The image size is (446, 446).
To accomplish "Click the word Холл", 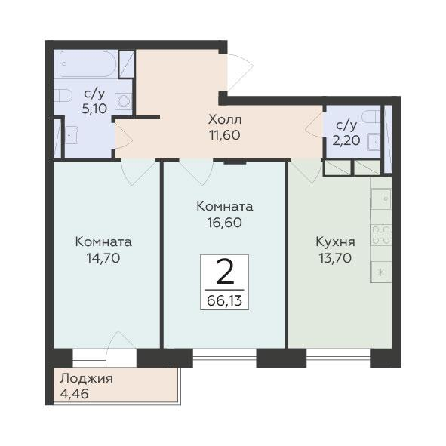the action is coord(225,119).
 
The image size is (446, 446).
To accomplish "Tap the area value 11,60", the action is coord(225,135).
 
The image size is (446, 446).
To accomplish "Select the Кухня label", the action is coord(335,242).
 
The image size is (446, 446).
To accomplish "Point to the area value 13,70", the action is coord(335,258).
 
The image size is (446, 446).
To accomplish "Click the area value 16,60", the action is coord(225,223).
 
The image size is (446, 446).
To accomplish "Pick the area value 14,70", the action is coord(103,258).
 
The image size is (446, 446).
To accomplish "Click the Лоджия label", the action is coord(87,379).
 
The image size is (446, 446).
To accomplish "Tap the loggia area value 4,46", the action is coord(74,394).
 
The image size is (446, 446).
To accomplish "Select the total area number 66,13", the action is coord(224,300).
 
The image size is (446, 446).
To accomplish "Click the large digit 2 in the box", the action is coord(225,272).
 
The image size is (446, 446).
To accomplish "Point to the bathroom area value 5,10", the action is coord(94,109).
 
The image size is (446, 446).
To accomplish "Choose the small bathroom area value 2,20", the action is coord(346,140).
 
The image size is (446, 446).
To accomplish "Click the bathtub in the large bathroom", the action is coord(88,64).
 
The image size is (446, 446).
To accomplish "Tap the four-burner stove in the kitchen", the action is coord(381,235).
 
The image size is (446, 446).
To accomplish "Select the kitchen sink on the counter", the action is coord(381,198).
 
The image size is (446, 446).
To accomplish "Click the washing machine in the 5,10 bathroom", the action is coord(124,101).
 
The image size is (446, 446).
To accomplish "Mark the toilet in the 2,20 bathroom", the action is coord(371,117).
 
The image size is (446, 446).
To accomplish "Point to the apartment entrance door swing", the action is coord(240,72).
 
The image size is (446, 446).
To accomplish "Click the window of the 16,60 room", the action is coord(225,358).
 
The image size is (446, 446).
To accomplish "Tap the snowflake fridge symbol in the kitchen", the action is coord(381,272).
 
